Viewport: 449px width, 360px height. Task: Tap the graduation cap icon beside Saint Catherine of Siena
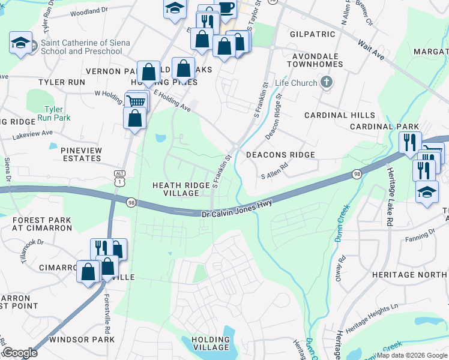(x=20, y=43)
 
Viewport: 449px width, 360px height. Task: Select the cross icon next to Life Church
(x=326, y=82)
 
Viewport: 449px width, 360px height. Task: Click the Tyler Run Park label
(x=58, y=113)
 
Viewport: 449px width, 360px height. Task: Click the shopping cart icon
(x=136, y=101)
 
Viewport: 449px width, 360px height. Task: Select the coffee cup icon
(x=226, y=8)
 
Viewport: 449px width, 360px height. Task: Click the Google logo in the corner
(x=20, y=353)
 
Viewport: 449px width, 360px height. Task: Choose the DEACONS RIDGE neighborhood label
(x=280, y=155)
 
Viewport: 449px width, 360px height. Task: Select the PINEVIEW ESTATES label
(x=81, y=154)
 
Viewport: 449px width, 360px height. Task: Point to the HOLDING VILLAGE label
(x=210, y=343)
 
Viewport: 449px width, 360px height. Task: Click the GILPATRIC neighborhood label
(x=310, y=34)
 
